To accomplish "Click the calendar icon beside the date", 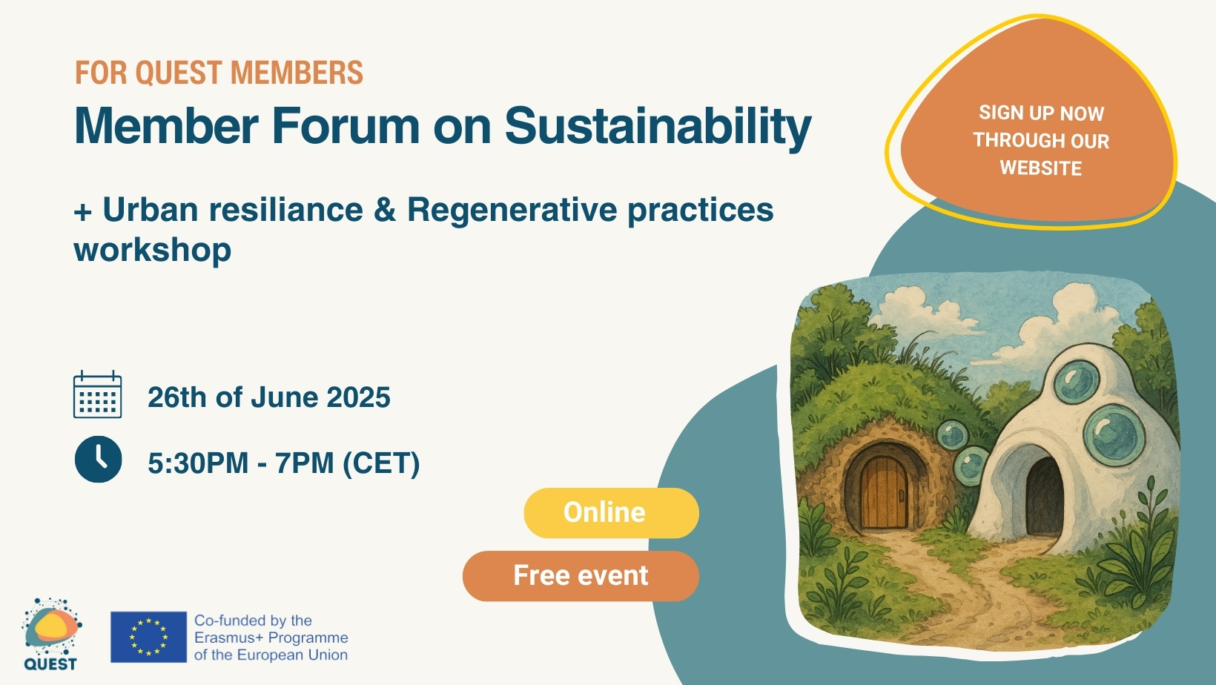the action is pos(98,394).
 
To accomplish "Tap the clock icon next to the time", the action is pos(99,459).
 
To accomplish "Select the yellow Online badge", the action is pos(611,513).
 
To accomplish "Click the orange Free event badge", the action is pos(581,576).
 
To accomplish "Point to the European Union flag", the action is pos(149,638).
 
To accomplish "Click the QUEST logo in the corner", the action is pos(51,634).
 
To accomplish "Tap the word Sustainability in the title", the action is pos(658,127).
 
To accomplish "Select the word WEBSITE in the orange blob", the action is pos(1041,168).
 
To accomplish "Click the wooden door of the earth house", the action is pos(884,492).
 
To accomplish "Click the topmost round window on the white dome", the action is pos(1077,382).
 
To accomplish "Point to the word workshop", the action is pos(153,251).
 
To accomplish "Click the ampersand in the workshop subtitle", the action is pos(385,210).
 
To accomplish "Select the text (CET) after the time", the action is pos(381,463).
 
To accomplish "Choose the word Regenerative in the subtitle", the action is pos(512,210).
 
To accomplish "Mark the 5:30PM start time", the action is pos(198,463).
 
